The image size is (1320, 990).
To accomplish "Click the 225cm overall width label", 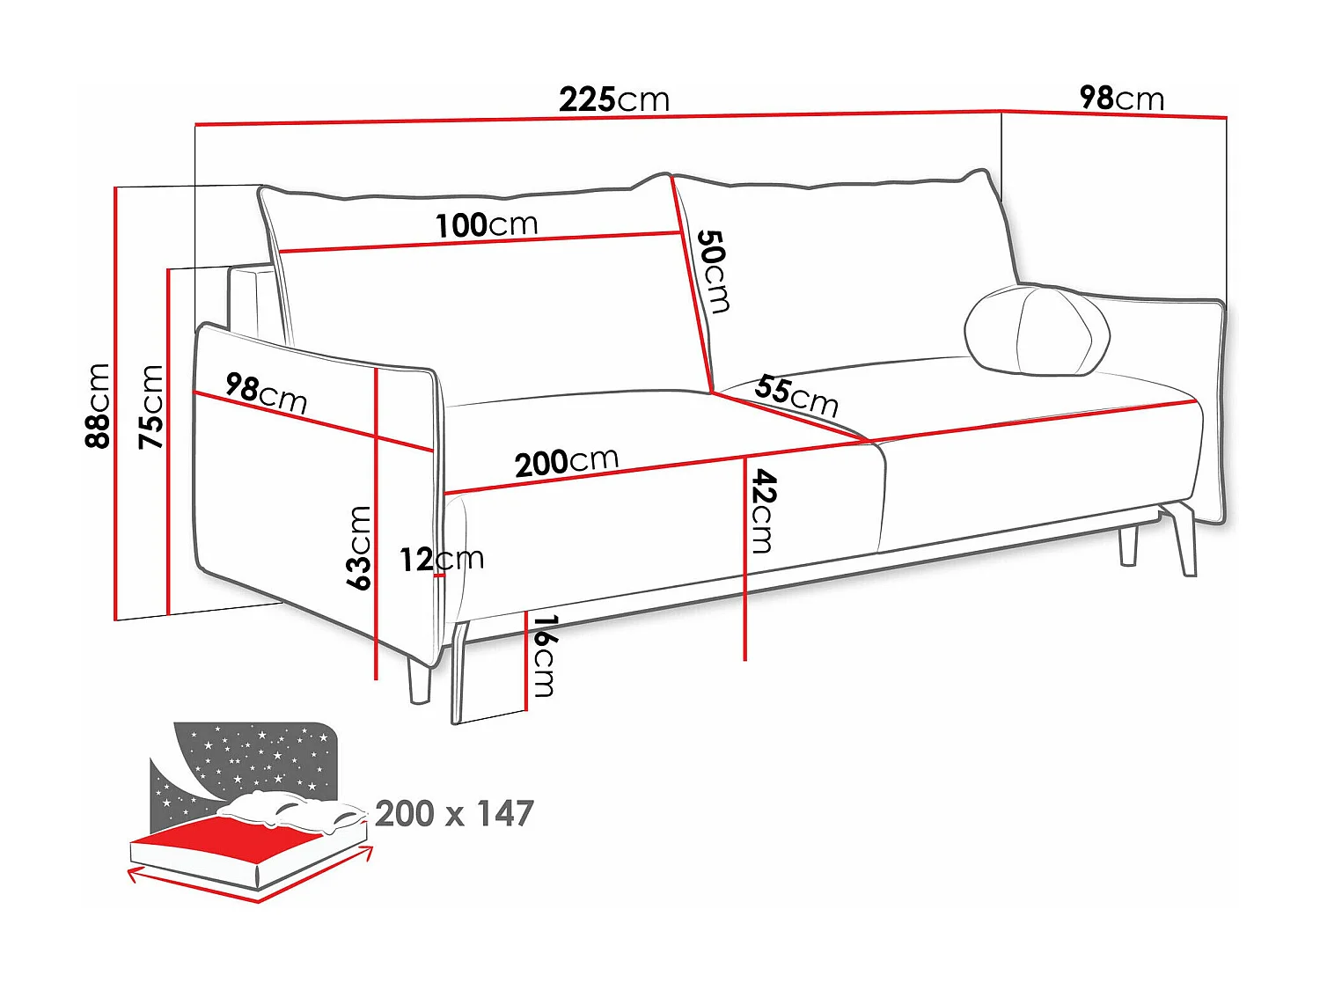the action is coord(614,99).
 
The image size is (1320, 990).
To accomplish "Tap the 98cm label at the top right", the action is coord(1121,98).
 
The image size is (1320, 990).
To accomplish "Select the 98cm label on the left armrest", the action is coord(266,392).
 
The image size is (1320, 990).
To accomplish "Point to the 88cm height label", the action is coord(98,406).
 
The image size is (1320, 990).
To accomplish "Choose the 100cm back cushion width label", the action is coord(486,224).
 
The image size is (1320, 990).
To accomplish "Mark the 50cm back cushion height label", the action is coord(713,271).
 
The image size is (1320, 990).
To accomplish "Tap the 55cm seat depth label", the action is coord(796,395).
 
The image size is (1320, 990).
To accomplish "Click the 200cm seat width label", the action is coord(566,462).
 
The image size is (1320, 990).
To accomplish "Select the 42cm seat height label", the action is coord(762,510).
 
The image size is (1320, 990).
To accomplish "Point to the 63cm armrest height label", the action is coord(359,547).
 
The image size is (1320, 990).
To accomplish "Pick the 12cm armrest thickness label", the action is coord(441,559).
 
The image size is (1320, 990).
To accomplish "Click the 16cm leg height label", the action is coord(544,656).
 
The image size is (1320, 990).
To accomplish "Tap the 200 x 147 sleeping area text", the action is coord(454,814).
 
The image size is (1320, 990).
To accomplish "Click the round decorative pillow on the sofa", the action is coord(1037,330).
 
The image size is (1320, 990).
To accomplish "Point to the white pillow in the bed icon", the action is coord(290,811).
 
